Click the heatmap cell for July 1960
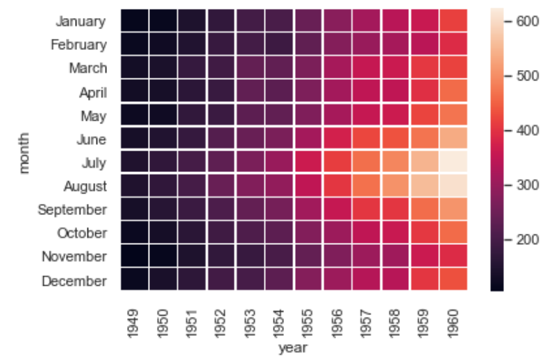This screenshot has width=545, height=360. tap(453, 162)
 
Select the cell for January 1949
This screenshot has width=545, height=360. tap(135, 21)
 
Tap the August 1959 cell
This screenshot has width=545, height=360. tap(425, 185)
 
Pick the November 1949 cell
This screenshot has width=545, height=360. tap(135, 256)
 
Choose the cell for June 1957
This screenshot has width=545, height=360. tap(367, 139)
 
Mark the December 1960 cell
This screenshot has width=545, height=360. tap(453, 279)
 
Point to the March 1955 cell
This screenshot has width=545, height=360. tap(309, 68)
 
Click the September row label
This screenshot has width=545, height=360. tap(72, 210)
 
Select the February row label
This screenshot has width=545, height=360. tap(78, 45)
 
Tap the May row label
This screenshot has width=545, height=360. tap(94, 117)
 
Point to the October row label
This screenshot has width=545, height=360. tap(82, 233)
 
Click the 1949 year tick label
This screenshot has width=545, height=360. tap(133, 323)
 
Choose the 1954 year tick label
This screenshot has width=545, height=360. tap(278, 323)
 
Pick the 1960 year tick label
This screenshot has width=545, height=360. tap(452, 323)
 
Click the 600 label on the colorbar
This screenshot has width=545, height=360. tap(528, 22)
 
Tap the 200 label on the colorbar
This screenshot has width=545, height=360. tap(528, 239)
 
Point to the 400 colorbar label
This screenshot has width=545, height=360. tap(528, 130)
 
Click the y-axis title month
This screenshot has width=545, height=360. tap(24, 153)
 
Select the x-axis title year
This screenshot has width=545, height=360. tap(293, 348)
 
